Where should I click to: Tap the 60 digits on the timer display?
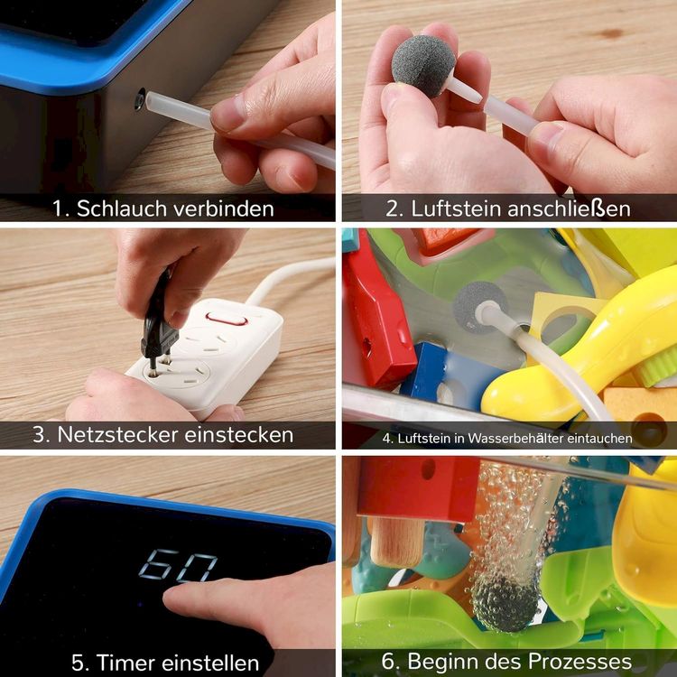click(x=178, y=565)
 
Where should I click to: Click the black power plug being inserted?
click(x=158, y=321)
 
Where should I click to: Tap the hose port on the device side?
click(x=139, y=99)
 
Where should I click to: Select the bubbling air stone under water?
click(x=505, y=602)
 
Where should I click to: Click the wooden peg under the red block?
click(x=396, y=543)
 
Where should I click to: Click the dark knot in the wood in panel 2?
click(x=609, y=33)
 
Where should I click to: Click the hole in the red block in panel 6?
click(x=428, y=468)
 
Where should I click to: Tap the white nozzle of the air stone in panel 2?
click(x=463, y=89)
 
